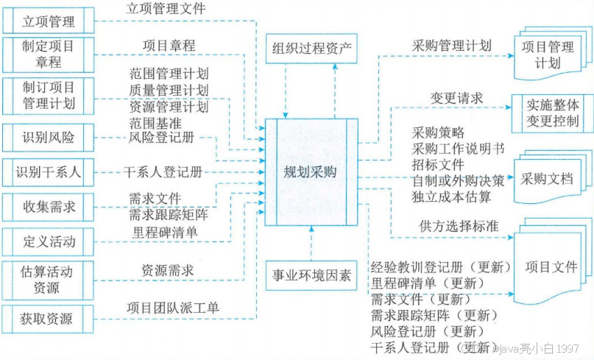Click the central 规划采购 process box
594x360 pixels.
310,172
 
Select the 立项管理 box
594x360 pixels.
48,20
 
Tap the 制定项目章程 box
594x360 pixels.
48,54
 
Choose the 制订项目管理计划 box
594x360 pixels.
48,95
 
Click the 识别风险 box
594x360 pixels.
48,137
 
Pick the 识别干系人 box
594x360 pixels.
48,174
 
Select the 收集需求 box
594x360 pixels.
48,207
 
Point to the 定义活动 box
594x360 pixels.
48,241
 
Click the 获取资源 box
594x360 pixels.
48,319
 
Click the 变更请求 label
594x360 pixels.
457,98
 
